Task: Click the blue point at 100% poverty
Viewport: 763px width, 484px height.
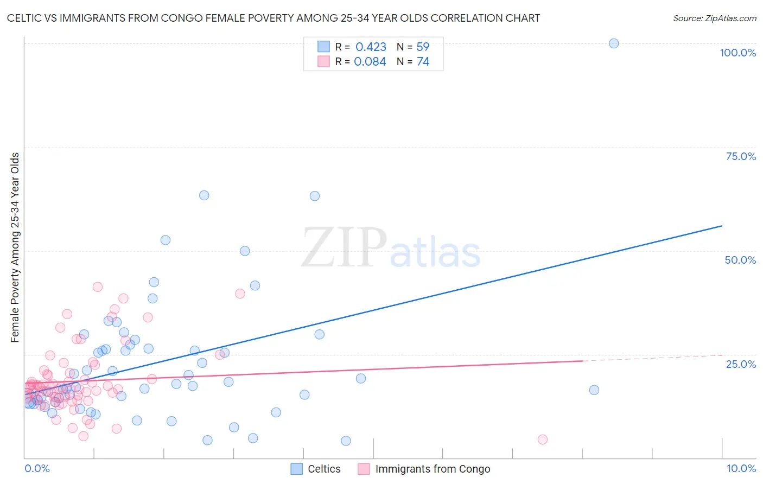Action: tap(614, 43)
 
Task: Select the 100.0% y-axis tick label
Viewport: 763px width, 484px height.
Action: tap(737, 53)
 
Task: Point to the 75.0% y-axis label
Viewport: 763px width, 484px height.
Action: tap(741, 156)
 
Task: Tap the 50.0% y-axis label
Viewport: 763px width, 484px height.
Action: tap(740, 260)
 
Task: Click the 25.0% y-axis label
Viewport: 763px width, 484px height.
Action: tap(741, 364)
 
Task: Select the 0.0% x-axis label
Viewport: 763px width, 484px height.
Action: tap(37, 468)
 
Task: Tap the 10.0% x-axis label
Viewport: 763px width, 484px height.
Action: tap(741, 468)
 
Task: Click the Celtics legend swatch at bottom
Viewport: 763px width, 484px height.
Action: tap(296, 469)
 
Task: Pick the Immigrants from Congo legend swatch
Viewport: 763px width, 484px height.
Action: tap(364, 469)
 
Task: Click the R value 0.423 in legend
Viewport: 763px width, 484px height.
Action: tap(371, 47)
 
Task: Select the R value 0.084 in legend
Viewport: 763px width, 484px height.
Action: tap(370, 62)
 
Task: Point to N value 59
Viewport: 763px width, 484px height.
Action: tap(423, 47)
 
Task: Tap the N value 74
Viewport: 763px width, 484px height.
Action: tap(423, 62)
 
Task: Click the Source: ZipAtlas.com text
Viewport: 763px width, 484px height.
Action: tap(714, 18)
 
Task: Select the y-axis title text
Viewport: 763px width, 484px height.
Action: tap(15, 247)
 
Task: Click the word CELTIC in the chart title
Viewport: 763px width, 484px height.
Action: tap(25, 18)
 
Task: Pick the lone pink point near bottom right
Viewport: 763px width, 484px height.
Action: tap(543, 440)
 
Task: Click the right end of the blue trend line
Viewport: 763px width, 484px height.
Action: tap(722, 226)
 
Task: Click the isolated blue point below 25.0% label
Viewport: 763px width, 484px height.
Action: tap(594, 390)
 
